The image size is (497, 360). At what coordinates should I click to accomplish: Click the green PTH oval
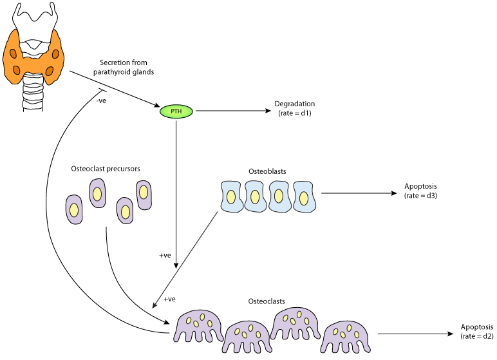(x=176, y=111)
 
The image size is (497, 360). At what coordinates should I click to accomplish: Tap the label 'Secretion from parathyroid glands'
(x=126, y=67)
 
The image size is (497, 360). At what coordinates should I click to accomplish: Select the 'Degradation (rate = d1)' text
(x=294, y=108)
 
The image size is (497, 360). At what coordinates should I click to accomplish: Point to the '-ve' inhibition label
(x=101, y=100)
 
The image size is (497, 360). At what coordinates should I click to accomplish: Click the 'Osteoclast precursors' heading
(x=106, y=169)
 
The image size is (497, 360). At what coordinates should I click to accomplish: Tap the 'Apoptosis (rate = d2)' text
(x=477, y=331)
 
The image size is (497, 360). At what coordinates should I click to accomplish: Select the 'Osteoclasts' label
(x=267, y=301)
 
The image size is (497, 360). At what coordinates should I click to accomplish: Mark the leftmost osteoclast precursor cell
(x=75, y=210)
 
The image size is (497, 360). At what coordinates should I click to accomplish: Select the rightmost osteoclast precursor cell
(x=144, y=194)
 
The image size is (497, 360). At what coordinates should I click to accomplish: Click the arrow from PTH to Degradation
(x=232, y=111)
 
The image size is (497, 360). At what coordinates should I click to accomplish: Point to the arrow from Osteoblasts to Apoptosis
(x=357, y=193)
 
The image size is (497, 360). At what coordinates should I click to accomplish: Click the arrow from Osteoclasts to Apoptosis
(x=415, y=334)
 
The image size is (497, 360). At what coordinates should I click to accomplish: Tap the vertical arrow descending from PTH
(x=176, y=193)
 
